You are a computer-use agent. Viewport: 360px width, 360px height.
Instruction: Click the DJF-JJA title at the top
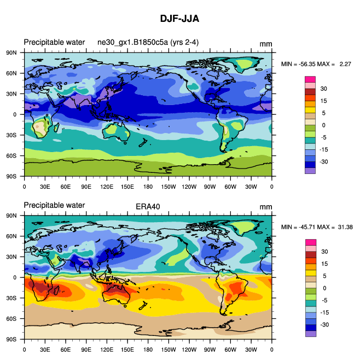click(179, 19)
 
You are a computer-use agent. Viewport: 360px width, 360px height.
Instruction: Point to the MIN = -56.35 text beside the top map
click(301, 65)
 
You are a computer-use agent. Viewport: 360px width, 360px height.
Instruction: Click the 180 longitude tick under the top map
click(148, 186)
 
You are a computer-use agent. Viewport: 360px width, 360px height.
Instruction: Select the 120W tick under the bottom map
click(189, 349)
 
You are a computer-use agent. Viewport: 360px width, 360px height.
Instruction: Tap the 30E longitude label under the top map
click(45, 186)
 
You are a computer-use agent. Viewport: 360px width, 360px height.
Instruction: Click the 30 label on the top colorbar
click(323, 89)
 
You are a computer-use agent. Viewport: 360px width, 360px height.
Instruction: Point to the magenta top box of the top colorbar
click(310, 79)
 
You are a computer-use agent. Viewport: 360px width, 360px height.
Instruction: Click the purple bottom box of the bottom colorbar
click(310, 334)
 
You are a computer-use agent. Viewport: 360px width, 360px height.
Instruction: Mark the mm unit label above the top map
click(266, 44)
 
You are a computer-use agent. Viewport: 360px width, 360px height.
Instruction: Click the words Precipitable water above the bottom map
click(54, 206)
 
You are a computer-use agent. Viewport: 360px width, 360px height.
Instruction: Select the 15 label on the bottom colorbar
click(323, 264)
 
